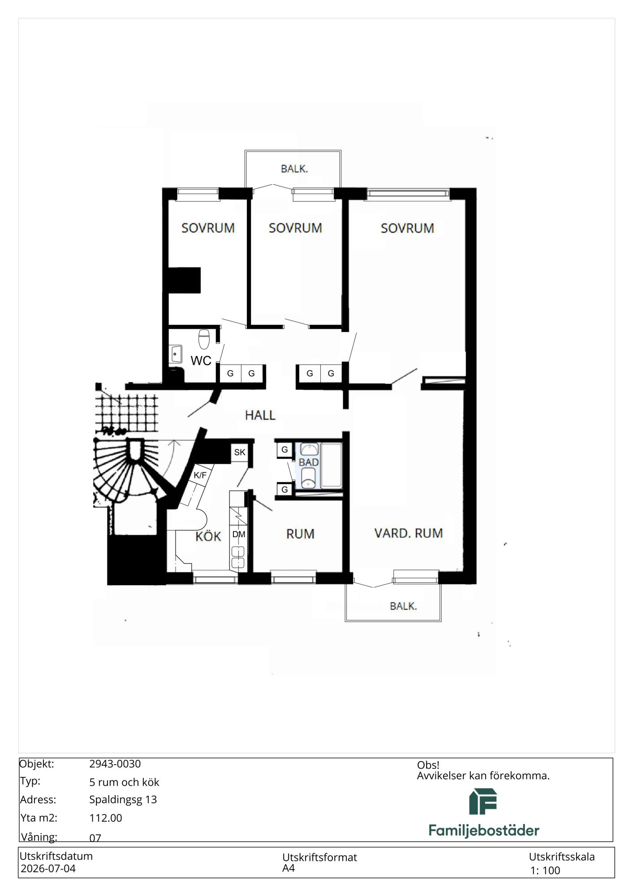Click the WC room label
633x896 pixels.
pyautogui.click(x=201, y=361)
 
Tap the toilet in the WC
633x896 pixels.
pyautogui.click(x=204, y=339)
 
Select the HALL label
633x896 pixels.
pyautogui.click(x=260, y=415)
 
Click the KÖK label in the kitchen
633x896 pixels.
pyautogui.click(x=208, y=536)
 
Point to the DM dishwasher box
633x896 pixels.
pyautogui.click(x=239, y=534)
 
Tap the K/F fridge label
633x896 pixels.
pyautogui.click(x=200, y=475)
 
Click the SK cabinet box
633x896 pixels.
pyautogui.click(x=240, y=452)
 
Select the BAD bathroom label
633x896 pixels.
pyautogui.click(x=309, y=462)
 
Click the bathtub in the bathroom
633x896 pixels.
pyautogui.click(x=332, y=465)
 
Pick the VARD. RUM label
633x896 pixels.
pyautogui.click(x=409, y=533)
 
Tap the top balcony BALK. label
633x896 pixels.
pyautogui.click(x=294, y=169)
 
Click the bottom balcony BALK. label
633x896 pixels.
pyautogui.click(x=403, y=606)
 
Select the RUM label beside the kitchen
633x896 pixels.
pyautogui.click(x=300, y=534)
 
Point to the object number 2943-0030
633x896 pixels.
pyautogui.click(x=115, y=764)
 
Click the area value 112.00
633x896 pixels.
pyautogui.click(x=106, y=818)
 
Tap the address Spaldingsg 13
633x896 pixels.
pyautogui.click(x=123, y=800)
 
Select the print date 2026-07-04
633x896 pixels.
pyautogui.click(x=48, y=869)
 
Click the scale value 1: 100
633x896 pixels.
pyautogui.click(x=545, y=870)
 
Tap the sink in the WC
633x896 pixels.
pyautogui.click(x=175, y=354)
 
